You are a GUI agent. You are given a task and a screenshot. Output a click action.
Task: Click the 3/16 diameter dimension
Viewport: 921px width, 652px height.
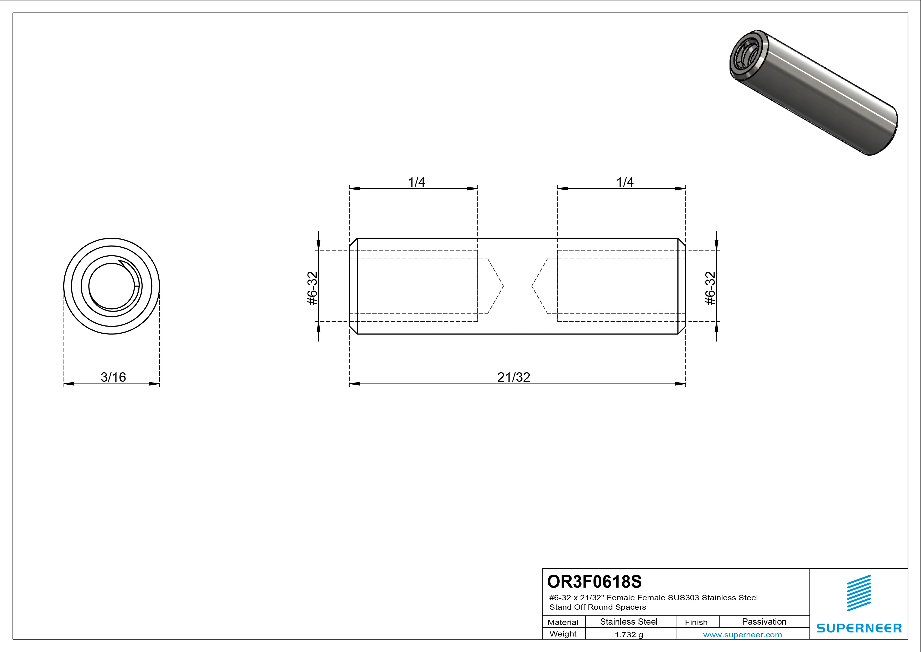click(113, 377)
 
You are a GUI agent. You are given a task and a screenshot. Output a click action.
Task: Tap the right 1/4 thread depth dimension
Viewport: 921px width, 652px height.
click(625, 182)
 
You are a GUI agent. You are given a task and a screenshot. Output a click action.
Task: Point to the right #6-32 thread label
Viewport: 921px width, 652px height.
click(710, 288)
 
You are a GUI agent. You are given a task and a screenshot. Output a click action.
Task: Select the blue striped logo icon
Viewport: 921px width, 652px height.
click(859, 593)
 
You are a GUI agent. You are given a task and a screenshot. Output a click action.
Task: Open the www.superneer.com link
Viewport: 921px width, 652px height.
click(742, 635)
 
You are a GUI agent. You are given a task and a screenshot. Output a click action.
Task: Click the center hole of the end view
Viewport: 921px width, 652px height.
click(112, 286)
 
